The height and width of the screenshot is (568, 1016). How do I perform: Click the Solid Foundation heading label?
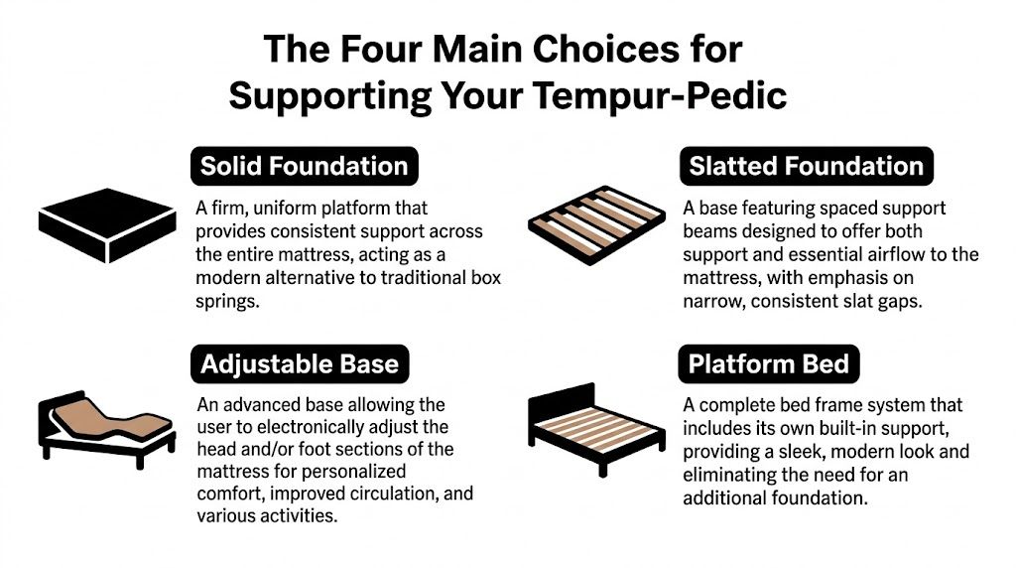[304, 165]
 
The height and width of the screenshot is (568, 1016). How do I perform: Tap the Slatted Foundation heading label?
[806, 165]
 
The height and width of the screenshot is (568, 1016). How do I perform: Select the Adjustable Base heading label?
[299, 363]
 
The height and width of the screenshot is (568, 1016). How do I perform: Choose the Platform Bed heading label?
[769, 363]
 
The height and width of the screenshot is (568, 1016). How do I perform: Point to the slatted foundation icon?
[593, 224]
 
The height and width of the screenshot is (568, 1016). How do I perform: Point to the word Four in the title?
[378, 48]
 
